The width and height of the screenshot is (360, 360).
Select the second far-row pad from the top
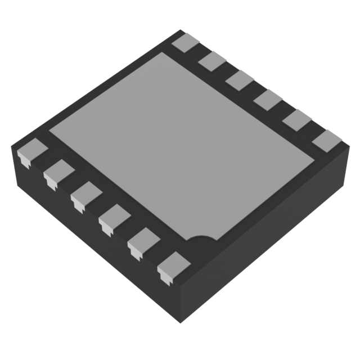pyautogui.click(x=213, y=61)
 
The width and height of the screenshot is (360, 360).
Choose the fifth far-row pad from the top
pyautogui.click(x=298, y=120)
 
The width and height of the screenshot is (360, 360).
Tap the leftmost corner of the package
pyautogui.click(x=12, y=147)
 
